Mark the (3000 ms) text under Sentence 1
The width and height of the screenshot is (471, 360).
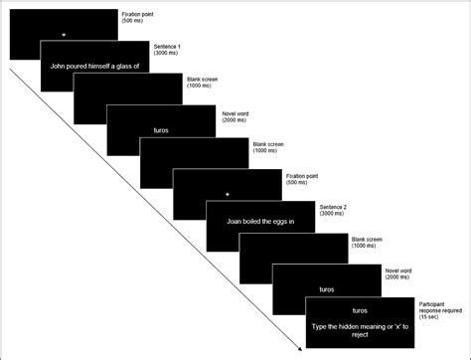pyautogui.click(x=169, y=55)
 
